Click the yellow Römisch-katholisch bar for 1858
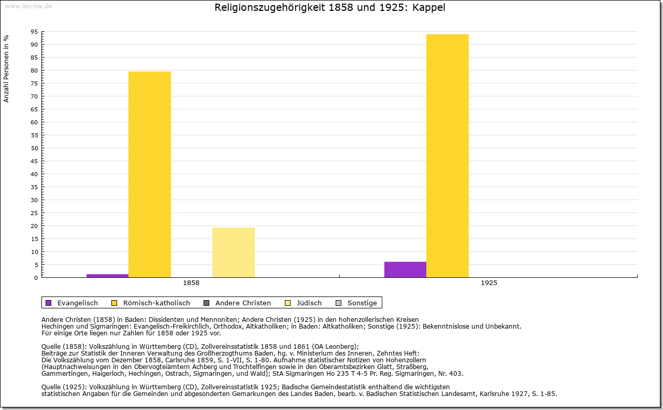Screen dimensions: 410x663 [x=150, y=174]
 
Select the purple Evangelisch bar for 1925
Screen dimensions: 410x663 [x=405, y=270]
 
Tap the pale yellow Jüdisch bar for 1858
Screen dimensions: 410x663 [x=234, y=252]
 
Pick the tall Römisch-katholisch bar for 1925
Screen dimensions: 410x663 [x=448, y=155]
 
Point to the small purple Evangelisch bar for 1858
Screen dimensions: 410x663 [x=107, y=276]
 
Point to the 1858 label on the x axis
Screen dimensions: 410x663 [x=191, y=284]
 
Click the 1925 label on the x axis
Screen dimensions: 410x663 [x=489, y=284]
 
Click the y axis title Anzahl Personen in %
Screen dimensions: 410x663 [x=6, y=68]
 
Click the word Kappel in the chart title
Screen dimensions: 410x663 [x=429, y=8]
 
